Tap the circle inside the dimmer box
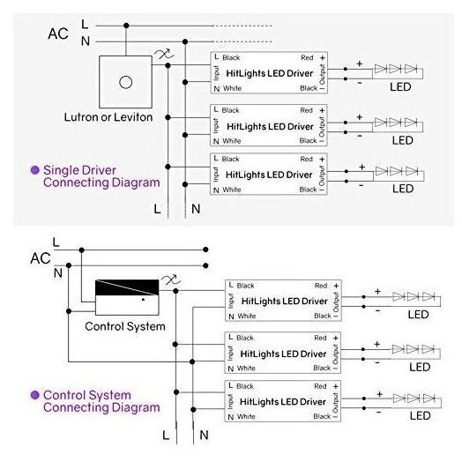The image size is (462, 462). [x=125, y=82]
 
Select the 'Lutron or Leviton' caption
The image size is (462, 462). [x=108, y=117]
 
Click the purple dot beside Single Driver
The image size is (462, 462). [x=35, y=170]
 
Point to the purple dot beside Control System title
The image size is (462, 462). [x=35, y=395]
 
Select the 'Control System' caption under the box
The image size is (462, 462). [x=125, y=326]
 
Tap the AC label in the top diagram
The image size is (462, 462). [x=58, y=34]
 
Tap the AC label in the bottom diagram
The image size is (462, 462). [x=41, y=258]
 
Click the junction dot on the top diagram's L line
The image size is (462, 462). [x=126, y=26]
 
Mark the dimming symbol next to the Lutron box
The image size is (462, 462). [x=164, y=54]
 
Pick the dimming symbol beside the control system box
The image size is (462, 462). [x=170, y=279]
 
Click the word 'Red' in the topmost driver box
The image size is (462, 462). [x=307, y=58]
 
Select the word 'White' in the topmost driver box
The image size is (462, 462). [x=232, y=88]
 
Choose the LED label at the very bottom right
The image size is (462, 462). [x=421, y=416]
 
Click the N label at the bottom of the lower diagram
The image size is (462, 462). [x=204, y=435]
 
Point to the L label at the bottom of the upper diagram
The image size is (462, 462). [x=157, y=209]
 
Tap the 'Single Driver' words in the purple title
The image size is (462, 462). [x=79, y=170]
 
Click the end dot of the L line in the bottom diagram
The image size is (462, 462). [x=205, y=250]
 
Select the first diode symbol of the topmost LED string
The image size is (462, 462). [x=380, y=69]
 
